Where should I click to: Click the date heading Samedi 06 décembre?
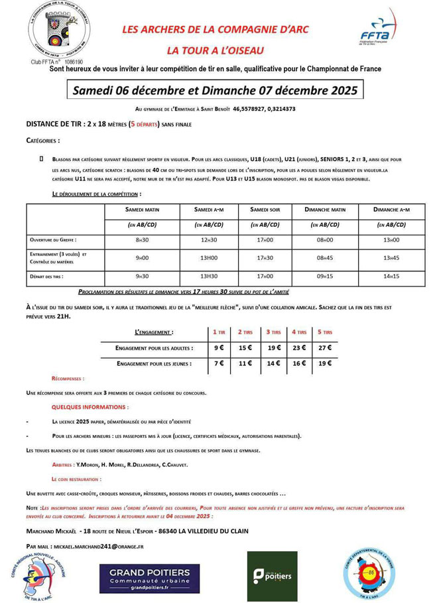tap(215, 90)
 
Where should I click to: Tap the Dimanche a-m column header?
tap(391, 210)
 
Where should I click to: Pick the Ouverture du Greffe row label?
tap(54, 240)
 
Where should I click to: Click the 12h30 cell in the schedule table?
tap(209, 240)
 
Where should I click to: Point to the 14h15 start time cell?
tap(391, 276)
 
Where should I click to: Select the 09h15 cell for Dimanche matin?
tap(326, 276)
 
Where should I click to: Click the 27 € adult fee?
tap(324, 348)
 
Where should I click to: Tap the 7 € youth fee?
tap(218, 364)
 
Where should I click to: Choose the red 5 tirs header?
tap(324, 332)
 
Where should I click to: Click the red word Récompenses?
tap(68, 379)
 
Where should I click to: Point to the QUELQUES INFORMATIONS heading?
tap(90, 407)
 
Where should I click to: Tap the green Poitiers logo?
tap(273, 576)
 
